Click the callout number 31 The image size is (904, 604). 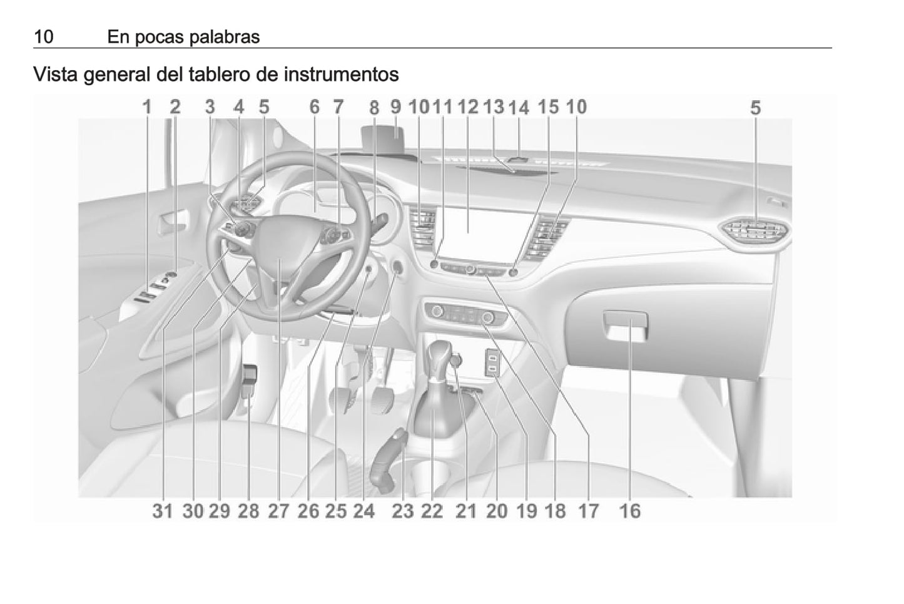pyautogui.click(x=163, y=511)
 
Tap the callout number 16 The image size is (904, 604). pyautogui.click(x=630, y=511)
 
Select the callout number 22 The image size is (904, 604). pyautogui.click(x=432, y=511)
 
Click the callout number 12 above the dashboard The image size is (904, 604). pyautogui.click(x=468, y=107)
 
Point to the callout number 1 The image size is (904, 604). pyautogui.click(x=147, y=107)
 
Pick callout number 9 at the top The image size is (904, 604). pyautogui.click(x=396, y=107)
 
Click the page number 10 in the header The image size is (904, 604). pyautogui.click(x=44, y=37)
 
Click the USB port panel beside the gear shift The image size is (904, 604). pyautogui.click(x=493, y=362)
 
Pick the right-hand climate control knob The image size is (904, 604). pyautogui.click(x=487, y=319)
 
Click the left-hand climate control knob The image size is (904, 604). pyautogui.click(x=437, y=311)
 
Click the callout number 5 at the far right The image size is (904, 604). pyautogui.click(x=755, y=108)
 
